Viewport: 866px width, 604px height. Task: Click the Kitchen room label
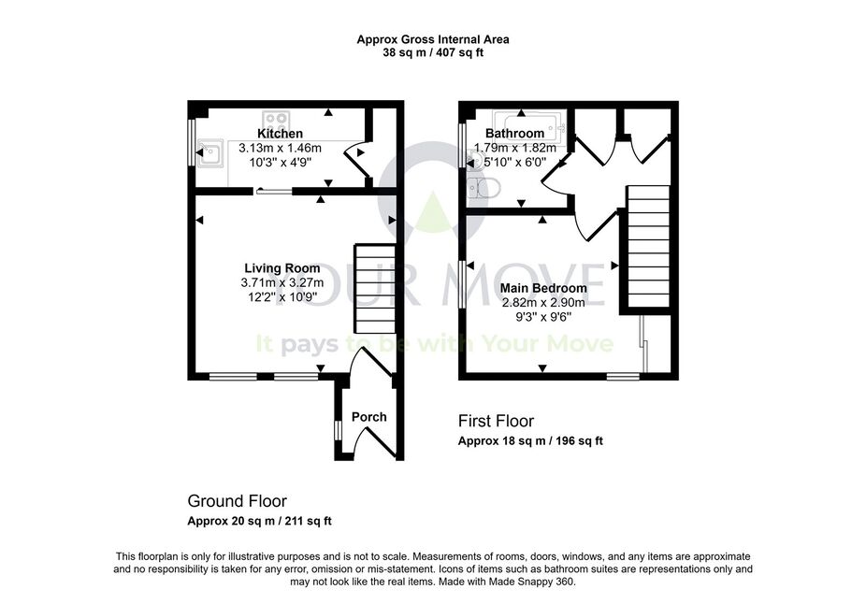[x=280, y=134]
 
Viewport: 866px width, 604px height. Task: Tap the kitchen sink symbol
[x=210, y=151]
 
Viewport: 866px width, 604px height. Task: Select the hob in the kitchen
[x=276, y=121]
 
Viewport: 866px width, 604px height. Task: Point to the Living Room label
[x=282, y=268]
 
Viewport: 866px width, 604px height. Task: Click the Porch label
[x=368, y=417]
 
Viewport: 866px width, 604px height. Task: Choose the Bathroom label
[x=514, y=133]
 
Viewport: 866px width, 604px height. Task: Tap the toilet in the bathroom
[x=483, y=188]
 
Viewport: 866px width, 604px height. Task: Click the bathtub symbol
[x=528, y=126]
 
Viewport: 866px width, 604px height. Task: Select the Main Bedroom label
[x=543, y=288]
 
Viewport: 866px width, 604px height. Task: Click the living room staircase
[x=375, y=289]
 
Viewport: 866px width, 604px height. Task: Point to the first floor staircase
[x=648, y=247]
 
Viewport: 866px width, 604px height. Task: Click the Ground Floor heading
[x=237, y=501]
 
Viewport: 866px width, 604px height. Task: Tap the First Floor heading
[x=496, y=421]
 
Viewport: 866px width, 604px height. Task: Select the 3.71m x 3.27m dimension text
[x=282, y=282]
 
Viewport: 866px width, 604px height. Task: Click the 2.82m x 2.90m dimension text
[x=543, y=303]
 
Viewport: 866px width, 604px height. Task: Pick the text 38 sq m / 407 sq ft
[x=433, y=53]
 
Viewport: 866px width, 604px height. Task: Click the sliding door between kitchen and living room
[x=274, y=192]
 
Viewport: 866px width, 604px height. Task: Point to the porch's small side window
[x=338, y=431]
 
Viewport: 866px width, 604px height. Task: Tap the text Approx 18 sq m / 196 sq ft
[x=530, y=441]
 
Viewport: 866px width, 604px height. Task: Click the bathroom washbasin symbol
[x=473, y=161]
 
